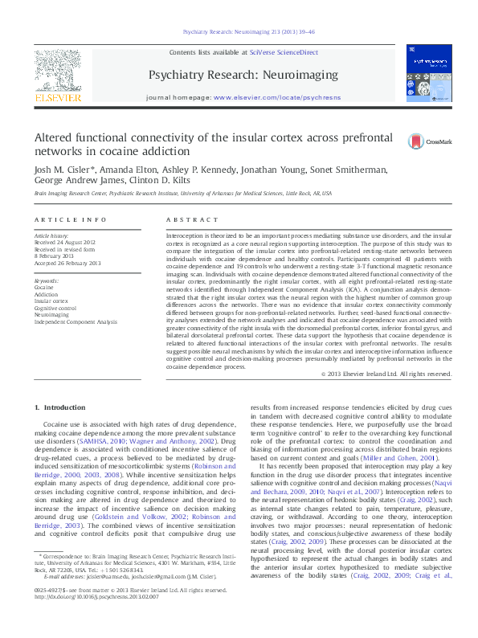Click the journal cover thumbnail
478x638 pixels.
(x=428, y=72)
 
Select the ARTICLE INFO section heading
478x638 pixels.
(x=71, y=219)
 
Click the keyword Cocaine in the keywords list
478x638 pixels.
(x=44, y=287)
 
